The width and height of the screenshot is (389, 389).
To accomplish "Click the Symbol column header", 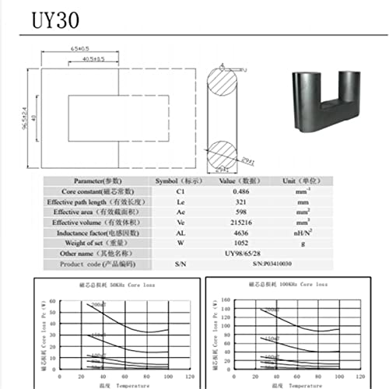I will (x=167, y=179).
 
